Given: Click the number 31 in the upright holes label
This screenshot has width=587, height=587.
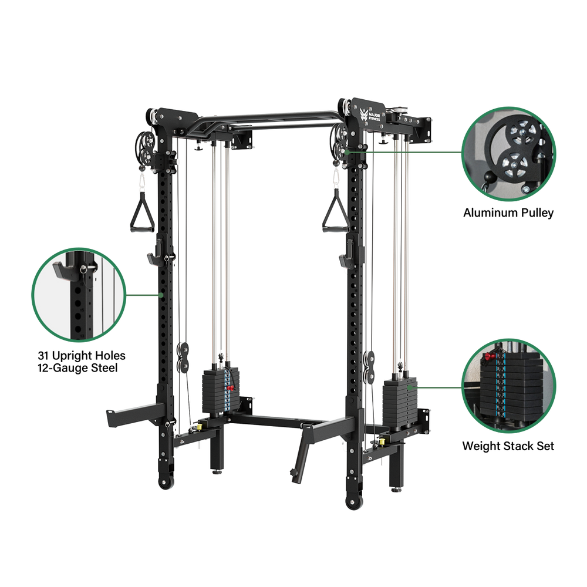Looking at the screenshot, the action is pyautogui.click(x=43, y=356).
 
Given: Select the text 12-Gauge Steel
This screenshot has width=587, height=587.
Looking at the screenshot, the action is pyautogui.click(x=77, y=368).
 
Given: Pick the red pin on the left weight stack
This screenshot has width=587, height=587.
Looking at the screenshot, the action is pyautogui.click(x=230, y=388).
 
